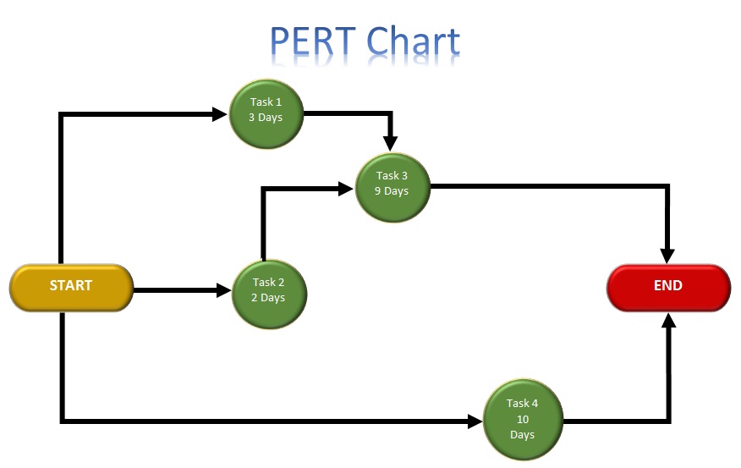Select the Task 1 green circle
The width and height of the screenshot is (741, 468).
[266, 111]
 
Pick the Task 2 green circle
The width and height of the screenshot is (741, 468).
[269, 291]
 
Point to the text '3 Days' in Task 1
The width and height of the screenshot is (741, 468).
[266, 118]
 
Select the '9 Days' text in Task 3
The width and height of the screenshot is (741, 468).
[392, 191]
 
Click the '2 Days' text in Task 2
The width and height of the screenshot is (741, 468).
[268, 298]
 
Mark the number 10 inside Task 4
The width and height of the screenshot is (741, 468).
[522, 419]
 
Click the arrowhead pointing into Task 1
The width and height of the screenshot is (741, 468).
[222, 113]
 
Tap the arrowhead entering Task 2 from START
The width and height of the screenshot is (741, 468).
[224, 291]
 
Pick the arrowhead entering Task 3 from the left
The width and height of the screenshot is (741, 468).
[346, 189]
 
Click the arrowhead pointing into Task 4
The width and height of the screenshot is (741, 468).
[475, 421]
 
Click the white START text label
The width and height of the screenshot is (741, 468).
[71, 285]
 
